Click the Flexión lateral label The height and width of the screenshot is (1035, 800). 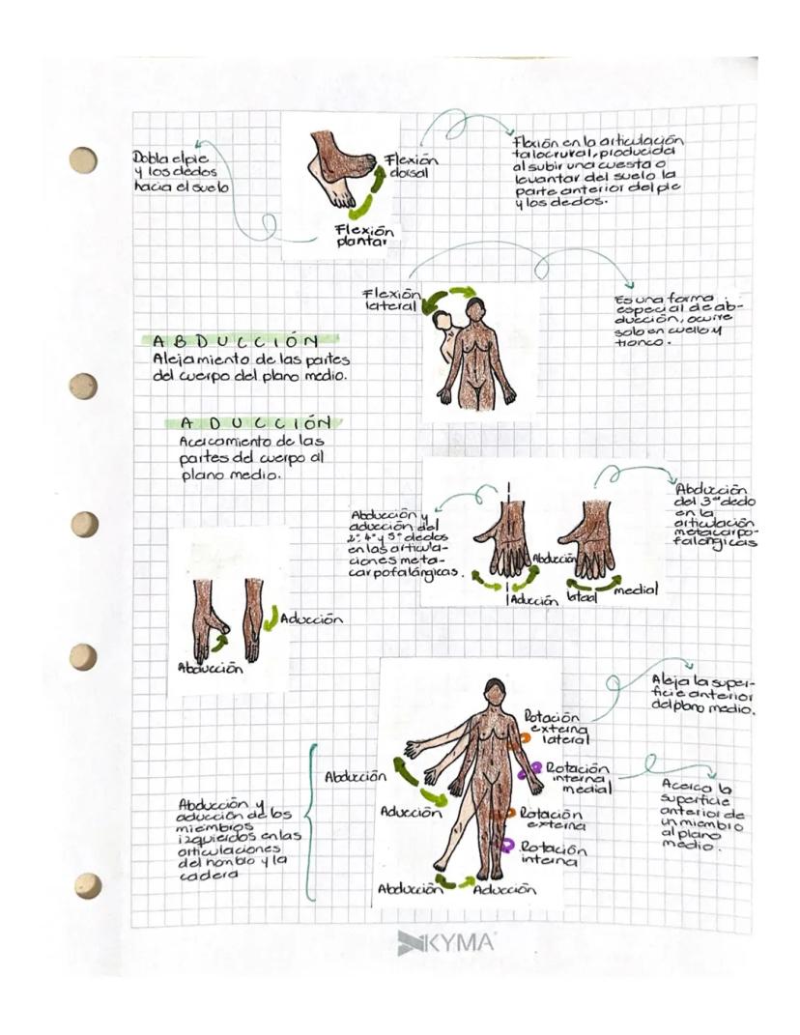pos(392,301)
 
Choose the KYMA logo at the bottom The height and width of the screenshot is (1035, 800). pos(445,942)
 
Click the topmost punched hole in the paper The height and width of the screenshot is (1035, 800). pos(83,159)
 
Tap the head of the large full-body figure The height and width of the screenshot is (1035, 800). pos(494,691)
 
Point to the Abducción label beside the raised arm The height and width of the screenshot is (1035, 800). pos(356,776)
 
